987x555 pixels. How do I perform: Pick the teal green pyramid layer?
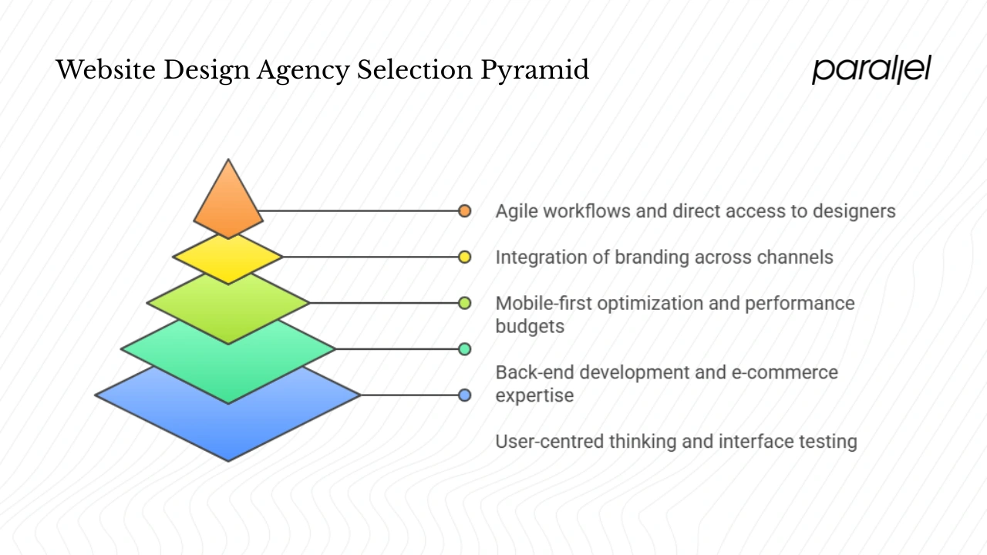coord(228,362)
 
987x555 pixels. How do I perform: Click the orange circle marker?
coord(464,210)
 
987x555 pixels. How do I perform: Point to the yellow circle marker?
coord(464,257)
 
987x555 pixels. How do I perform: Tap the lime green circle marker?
coord(464,303)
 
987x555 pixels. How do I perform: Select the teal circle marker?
coord(464,349)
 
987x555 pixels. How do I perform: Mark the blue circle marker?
coord(464,395)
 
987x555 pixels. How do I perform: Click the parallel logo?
coord(871,70)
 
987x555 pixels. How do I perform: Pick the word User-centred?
coord(549,442)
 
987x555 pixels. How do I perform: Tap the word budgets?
coord(530,327)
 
